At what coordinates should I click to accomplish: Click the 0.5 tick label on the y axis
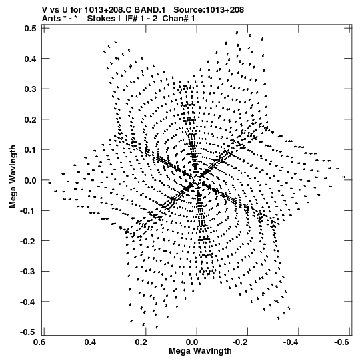coord(30,28)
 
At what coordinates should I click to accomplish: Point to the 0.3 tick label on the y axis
coord(30,89)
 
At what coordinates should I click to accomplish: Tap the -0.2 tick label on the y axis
coord(28,241)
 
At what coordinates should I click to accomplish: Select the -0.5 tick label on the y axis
coord(28,332)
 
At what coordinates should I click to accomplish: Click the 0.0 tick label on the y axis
coord(30,180)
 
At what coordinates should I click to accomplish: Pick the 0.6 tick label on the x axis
coord(39,342)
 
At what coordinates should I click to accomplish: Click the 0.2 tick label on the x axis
coord(141,342)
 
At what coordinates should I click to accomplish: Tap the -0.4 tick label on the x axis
coord(291,342)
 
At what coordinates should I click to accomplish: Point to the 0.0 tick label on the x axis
coord(192,342)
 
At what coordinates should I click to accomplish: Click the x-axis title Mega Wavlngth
coord(200,351)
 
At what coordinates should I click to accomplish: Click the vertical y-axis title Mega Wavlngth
coord(13,176)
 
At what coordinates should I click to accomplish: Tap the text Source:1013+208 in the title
coord(209,10)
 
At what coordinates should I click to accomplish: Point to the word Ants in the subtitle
coord(51,19)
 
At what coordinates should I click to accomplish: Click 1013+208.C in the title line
coord(107,10)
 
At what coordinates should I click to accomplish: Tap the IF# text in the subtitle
coord(131,19)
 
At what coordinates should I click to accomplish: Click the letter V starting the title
coord(45,10)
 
